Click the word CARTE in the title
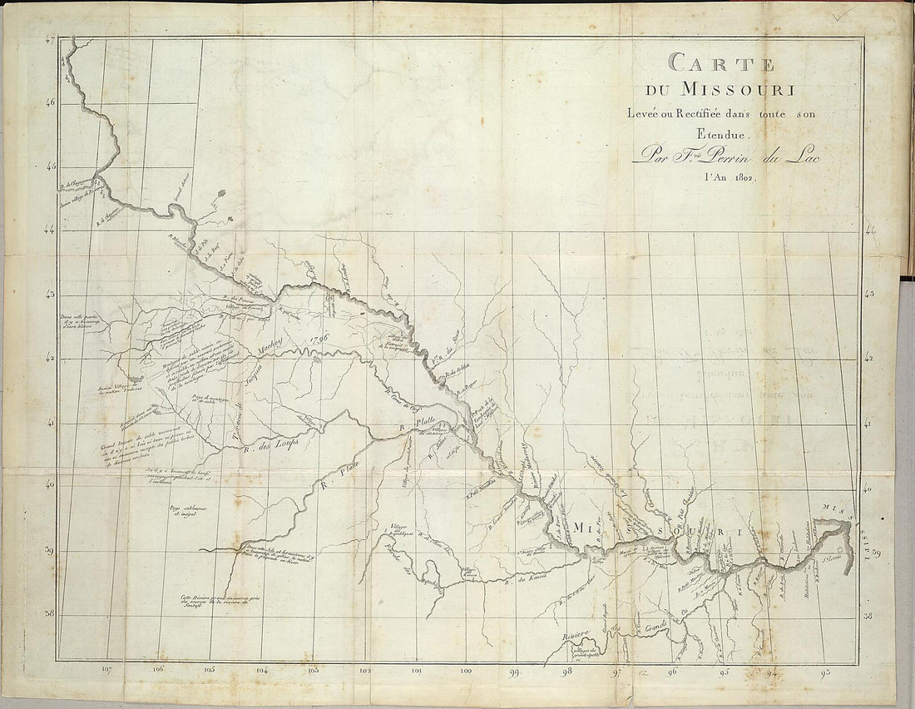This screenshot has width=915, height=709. point(721,63)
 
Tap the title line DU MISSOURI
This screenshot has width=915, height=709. point(715,89)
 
